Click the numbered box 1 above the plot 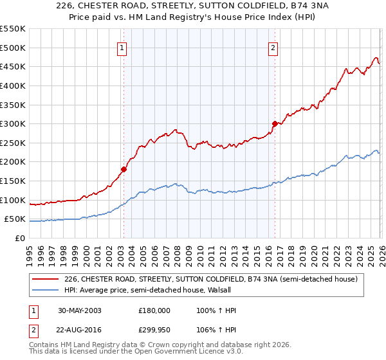pos(122,47)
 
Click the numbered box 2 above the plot pos(273,47)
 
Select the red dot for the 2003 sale pos(124,170)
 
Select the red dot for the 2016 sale pos(275,123)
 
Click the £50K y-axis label pos(15,219)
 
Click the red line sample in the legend pos(44,279)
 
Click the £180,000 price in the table pos(154,310)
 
